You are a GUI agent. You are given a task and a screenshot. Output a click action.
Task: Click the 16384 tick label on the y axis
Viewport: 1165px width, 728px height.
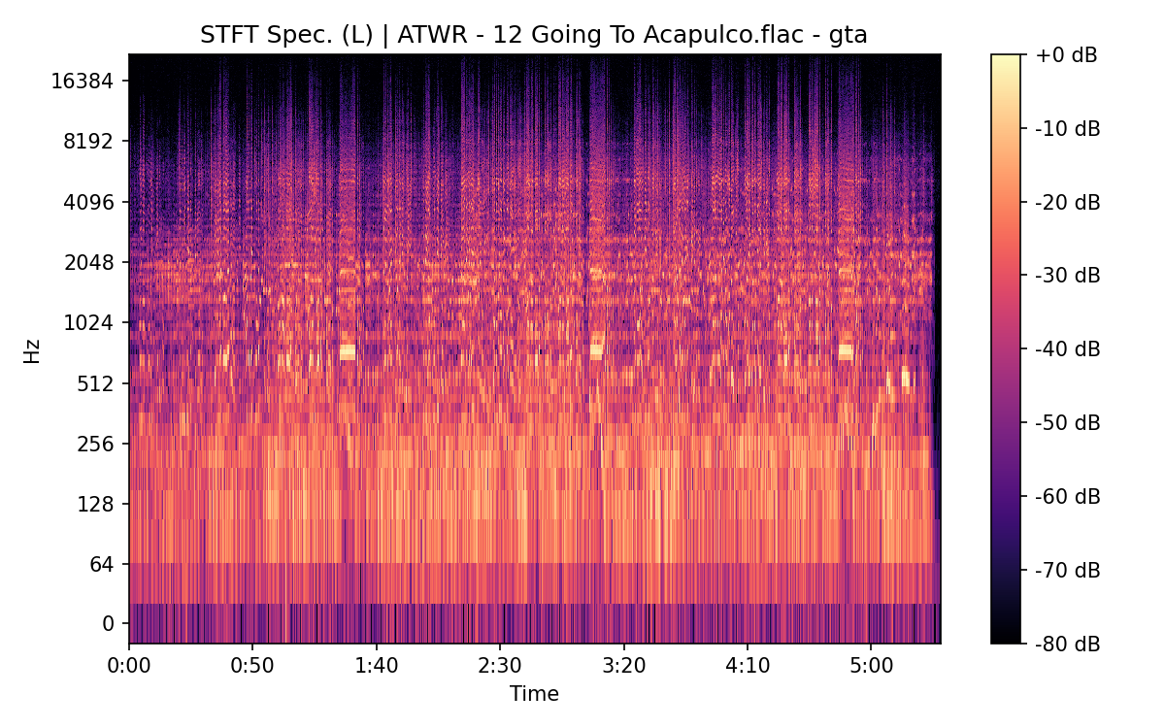coord(83,81)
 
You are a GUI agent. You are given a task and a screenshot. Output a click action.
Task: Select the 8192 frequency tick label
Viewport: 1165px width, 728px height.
coord(87,141)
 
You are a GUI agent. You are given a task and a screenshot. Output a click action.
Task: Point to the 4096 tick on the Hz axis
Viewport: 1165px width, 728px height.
coord(87,202)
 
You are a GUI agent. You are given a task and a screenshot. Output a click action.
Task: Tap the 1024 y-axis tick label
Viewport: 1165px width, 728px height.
coord(87,322)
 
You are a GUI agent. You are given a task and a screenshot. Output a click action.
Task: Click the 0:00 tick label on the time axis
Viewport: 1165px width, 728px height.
coord(129,668)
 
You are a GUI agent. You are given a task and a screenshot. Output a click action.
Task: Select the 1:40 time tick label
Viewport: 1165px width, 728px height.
coord(376,668)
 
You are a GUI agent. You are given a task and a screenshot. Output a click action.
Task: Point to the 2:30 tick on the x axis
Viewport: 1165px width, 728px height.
coord(500,668)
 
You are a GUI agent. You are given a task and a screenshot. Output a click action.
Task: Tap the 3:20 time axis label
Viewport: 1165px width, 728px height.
coord(623,668)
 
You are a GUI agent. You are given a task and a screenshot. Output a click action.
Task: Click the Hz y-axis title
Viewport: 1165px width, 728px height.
coord(32,349)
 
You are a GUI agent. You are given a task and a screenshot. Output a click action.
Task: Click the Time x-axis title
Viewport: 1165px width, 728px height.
coord(534,694)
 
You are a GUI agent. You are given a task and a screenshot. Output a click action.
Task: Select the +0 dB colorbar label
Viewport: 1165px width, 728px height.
coord(1066,55)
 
